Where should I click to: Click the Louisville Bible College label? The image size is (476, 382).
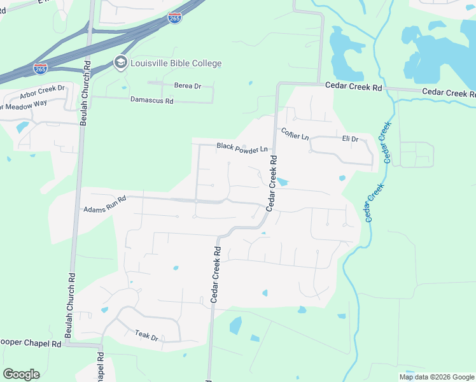pos(176,63)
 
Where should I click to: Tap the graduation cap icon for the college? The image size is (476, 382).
pos(120,62)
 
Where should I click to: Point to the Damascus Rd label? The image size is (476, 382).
pos(151,100)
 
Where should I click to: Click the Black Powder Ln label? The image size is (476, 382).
pos(242,147)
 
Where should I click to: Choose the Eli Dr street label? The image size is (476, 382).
pos(350,138)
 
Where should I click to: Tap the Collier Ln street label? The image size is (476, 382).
pos(295,134)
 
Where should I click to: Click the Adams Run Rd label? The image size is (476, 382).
pos(105,204)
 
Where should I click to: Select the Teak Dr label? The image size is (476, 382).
pos(146,335)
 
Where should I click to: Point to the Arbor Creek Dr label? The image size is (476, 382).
pos(43,92)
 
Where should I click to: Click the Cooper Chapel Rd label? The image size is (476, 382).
pos(31,343)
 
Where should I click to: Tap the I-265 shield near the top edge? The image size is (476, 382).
pos(175,18)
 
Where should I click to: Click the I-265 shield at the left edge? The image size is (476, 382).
pos(40,69)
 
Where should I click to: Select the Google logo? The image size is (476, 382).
pos(21,374)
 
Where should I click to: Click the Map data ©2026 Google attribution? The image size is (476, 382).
pos(437,377)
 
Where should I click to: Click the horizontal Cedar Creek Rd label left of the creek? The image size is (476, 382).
pos(353,87)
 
